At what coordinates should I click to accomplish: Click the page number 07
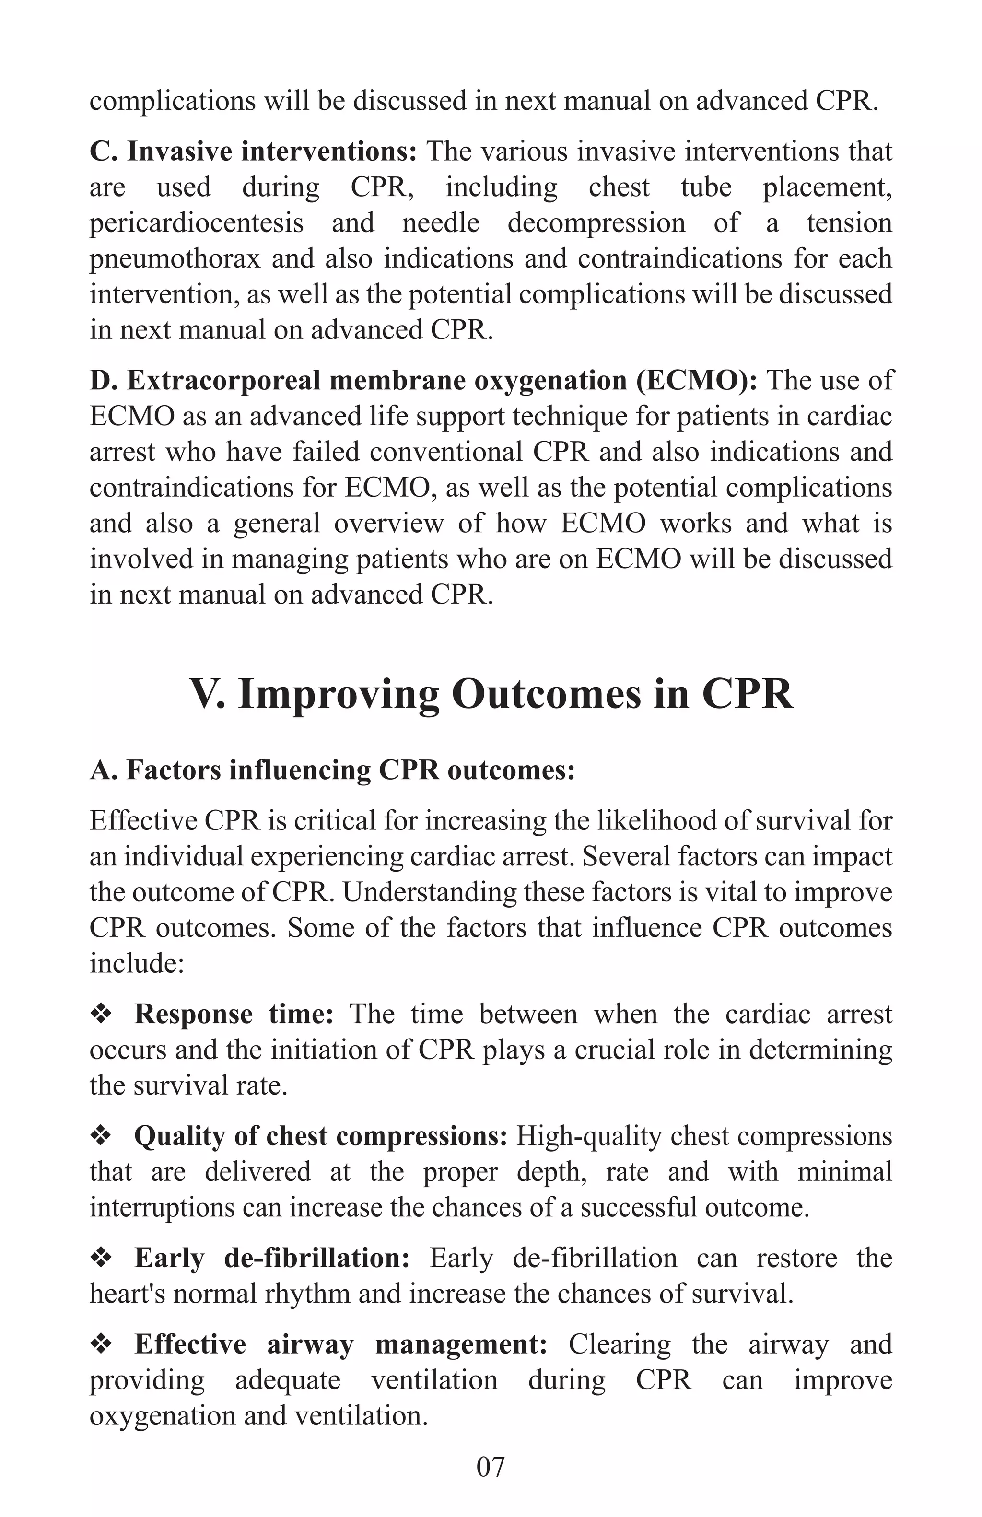490,1466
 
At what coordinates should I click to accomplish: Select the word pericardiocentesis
196,223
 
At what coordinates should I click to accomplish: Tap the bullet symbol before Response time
101,1014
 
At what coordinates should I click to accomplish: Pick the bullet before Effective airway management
101,1344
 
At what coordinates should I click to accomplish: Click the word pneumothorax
175,259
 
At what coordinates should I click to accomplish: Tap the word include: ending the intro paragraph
136,963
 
